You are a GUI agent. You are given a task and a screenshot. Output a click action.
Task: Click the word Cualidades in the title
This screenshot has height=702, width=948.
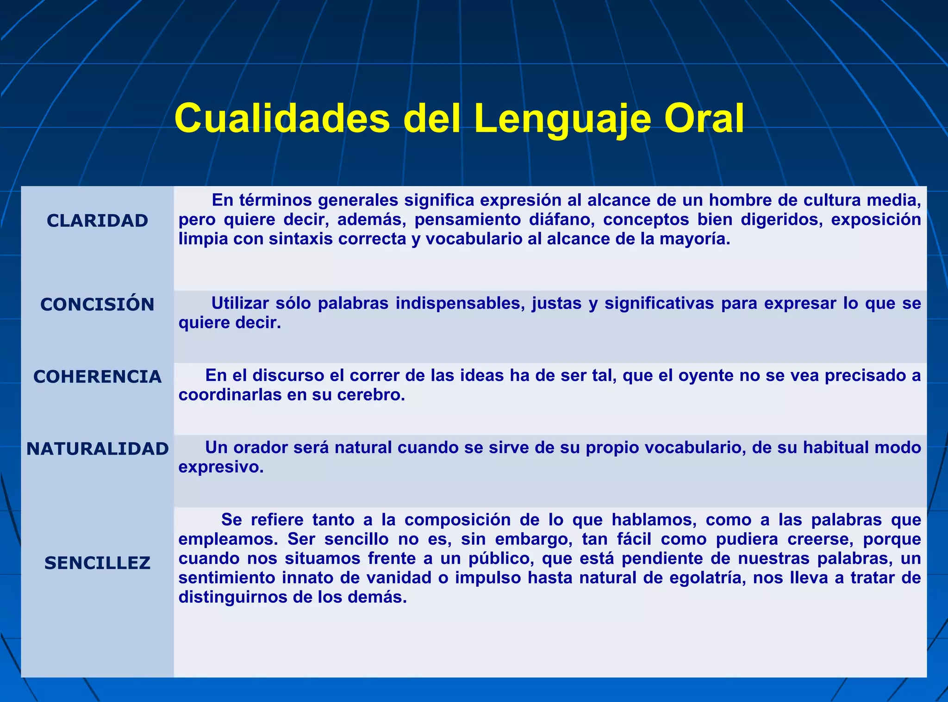pyautogui.click(x=282, y=118)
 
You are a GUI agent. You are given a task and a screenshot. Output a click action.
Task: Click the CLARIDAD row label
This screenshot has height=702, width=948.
pyautogui.click(x=97, y=221)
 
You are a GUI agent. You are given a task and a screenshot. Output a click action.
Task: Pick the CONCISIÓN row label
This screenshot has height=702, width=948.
pyautogui.click(x=97, y=304)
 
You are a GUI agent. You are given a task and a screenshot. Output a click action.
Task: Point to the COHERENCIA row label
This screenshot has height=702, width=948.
pyautogui.click(x=97, y=377)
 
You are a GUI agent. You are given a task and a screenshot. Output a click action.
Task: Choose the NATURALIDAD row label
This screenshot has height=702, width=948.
pyautogui.click(x=97, y=449)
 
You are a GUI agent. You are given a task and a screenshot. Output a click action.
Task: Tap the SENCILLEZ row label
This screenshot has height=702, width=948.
pyautogui.click(x=97, y=563)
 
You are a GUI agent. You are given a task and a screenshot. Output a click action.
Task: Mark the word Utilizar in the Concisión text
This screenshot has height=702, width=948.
pyautogui.click(x=240, y=303)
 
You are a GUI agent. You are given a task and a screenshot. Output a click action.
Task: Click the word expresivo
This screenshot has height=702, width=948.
pyautogui.click(x=220, y=467)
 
